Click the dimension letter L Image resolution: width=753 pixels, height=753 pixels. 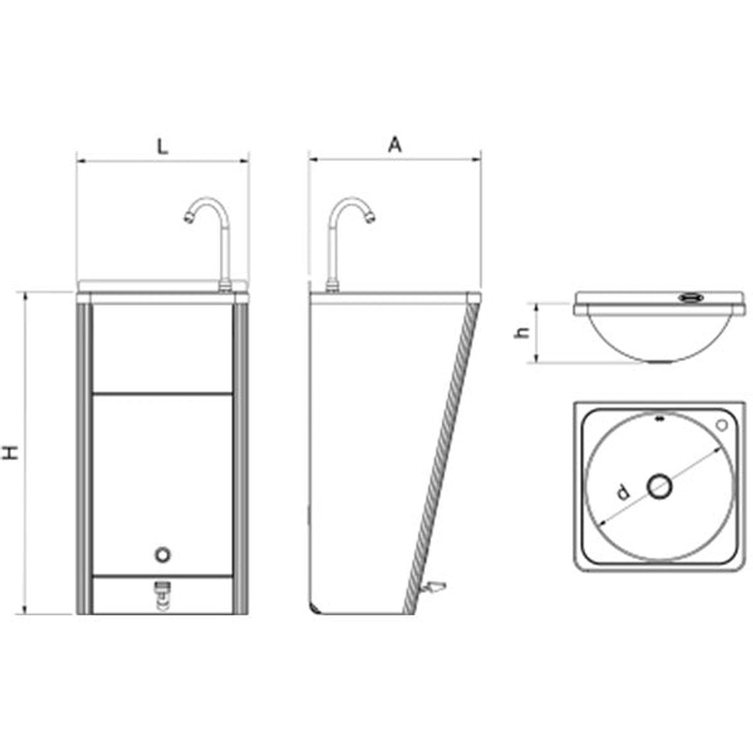162,146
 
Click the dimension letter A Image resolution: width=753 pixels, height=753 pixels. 394,145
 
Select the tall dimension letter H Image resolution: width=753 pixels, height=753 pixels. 11,452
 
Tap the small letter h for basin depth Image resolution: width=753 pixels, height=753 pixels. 522,332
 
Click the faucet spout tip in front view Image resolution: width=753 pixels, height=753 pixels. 188,217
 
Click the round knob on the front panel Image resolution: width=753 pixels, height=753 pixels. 162,555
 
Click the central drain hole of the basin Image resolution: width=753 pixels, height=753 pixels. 659,487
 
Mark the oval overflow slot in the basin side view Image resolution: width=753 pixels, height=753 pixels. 689,298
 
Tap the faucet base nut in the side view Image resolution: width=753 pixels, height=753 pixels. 332,285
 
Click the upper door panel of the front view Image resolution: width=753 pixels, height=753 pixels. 162,348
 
